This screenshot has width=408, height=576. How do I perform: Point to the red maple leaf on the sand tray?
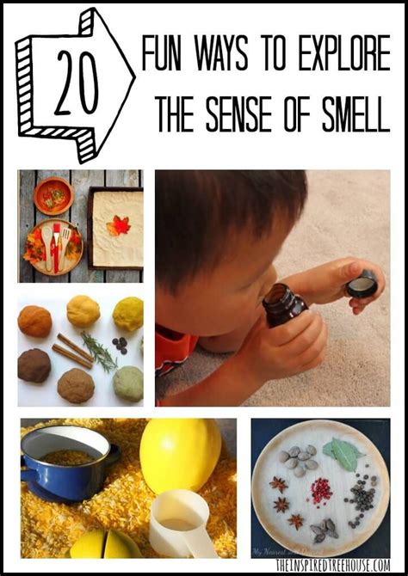[x=118, y=226]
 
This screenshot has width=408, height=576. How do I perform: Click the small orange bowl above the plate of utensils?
[x=53, y=195]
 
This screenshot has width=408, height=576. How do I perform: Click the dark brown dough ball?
[x=34, y=365]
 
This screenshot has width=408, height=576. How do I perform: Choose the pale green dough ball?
[x=127, y=383]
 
